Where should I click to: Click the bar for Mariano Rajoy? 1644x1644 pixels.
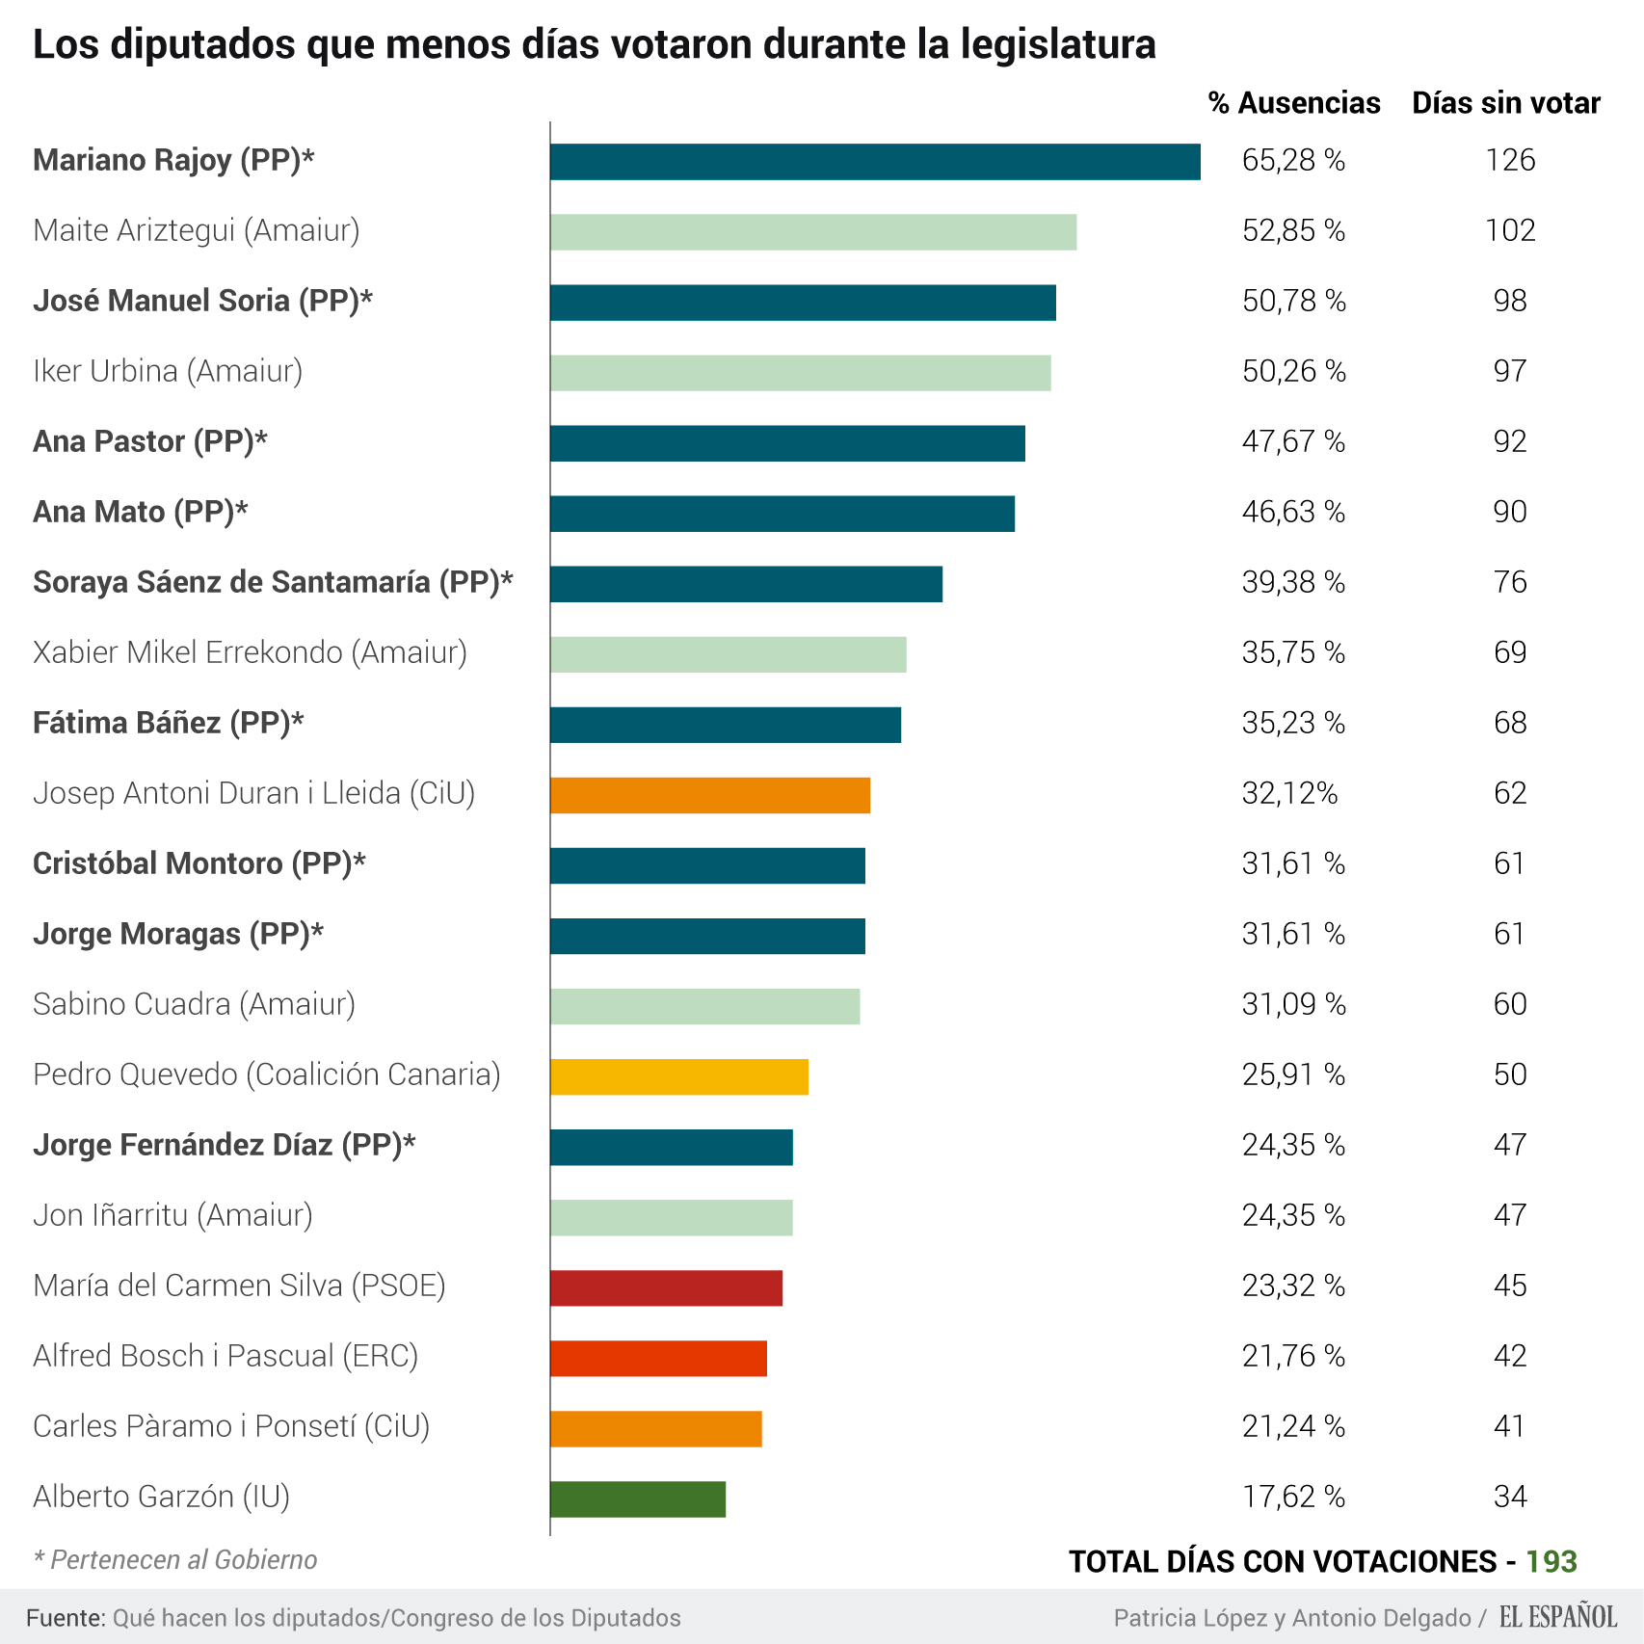(875, 162)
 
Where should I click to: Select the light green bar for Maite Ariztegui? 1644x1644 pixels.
(813, 232)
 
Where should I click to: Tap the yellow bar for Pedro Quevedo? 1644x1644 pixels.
(679, 1076)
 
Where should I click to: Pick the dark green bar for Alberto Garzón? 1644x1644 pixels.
(638, 1498)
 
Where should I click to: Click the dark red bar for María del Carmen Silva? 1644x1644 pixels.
(666, 1287)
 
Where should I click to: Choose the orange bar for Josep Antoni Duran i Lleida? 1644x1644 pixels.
(710, 795)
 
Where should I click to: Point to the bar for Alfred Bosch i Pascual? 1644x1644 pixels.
(658, 1358)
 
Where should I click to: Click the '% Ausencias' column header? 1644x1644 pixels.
(1294, 103)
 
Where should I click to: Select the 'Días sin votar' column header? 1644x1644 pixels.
(1505, 103)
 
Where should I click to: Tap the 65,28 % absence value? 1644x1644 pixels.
(1293, 160)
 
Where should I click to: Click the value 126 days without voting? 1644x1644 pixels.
(1510, 160)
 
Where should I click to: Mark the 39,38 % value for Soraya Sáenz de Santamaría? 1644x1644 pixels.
(1293, 582)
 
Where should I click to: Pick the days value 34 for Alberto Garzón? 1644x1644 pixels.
(1510, 1497)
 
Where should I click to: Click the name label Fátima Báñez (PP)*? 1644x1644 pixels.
(169, 723)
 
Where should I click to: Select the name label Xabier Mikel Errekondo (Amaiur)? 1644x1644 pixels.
(250, 652)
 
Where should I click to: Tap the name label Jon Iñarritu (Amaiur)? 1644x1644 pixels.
(172, 1215)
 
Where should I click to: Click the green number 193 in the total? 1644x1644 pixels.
(1551, 1561)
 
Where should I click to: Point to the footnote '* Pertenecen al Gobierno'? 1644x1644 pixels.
(175, 1559)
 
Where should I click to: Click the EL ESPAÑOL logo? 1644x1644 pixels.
(1558, 1617)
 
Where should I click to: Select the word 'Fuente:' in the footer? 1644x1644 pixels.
(66, 1618)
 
